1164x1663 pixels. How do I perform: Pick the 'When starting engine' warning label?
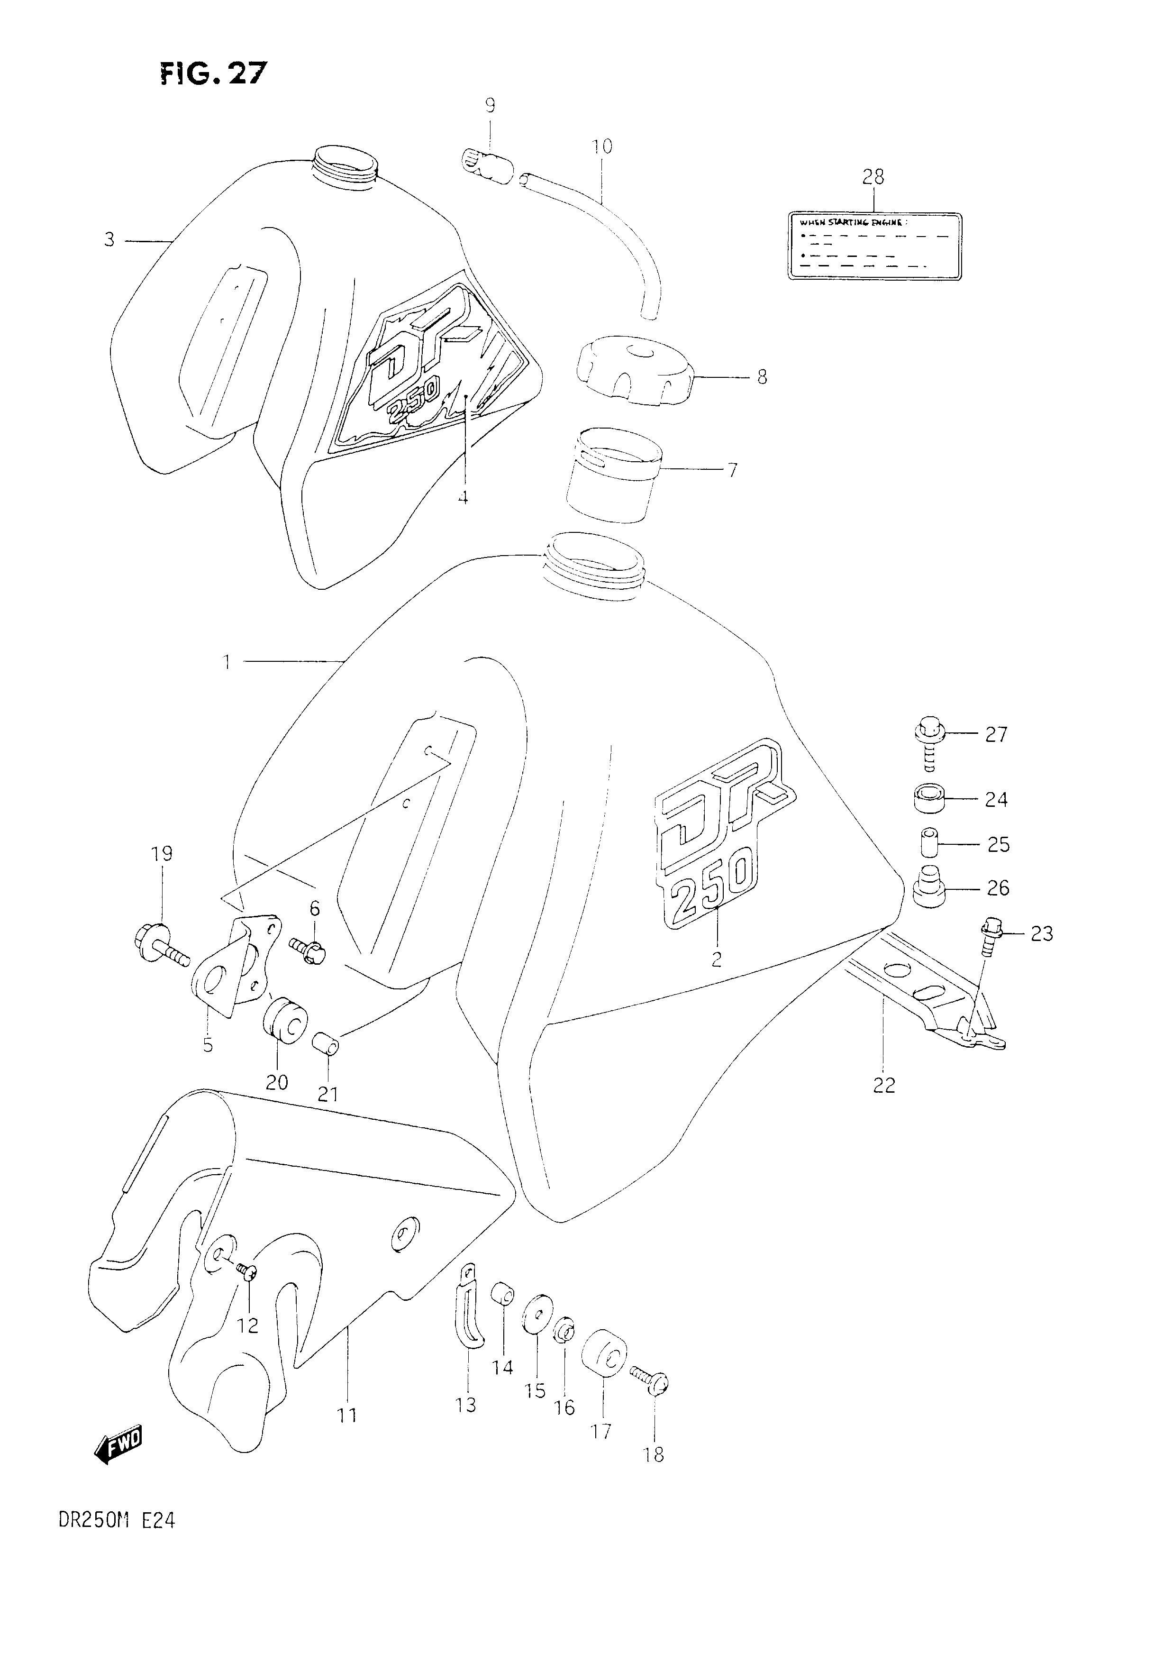[x=874, y=246]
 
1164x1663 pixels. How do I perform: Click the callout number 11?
[x=347, y=1414]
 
